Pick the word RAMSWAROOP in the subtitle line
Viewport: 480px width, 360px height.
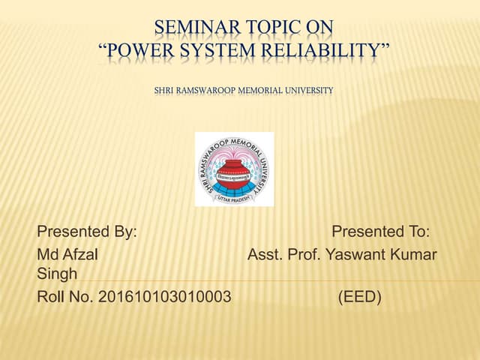click(x=202, y=91)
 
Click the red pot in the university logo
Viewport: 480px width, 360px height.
click(x=233, y=173)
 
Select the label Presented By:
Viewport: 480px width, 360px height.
click(x=87, y=231)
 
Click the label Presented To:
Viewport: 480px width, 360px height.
click(x=380, y=231)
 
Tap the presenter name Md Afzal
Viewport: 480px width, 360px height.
click(x=67, y=254)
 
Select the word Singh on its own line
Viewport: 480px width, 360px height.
click(x=57, y=275)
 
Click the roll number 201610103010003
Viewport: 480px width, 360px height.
click(x=165, y=298)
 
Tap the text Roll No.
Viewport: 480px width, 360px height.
click(x=65, y=298)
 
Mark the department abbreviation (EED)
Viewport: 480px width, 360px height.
click(x=360, y=298)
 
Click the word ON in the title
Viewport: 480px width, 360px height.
click(x=320, y=29)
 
